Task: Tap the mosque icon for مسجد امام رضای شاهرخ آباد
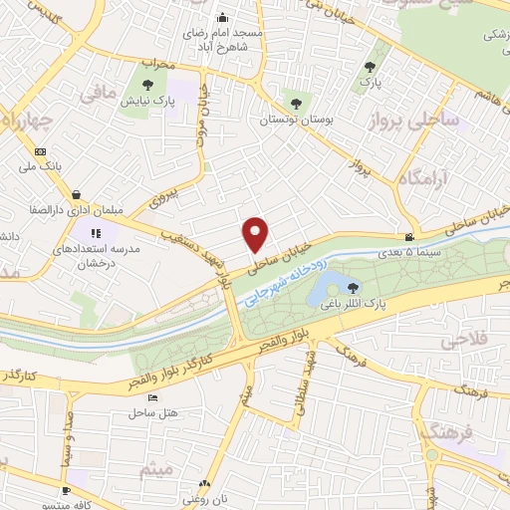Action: [222, 16]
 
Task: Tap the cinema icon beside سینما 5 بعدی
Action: [409, 237]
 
